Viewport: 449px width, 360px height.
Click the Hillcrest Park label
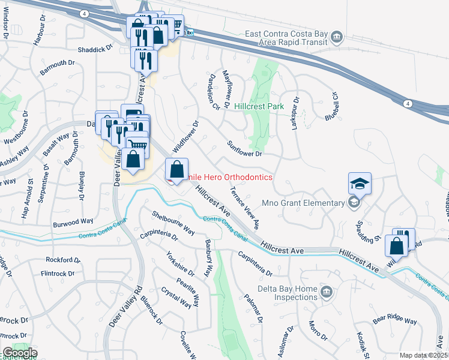point(259,106)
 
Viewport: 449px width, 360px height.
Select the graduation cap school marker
point(360,183)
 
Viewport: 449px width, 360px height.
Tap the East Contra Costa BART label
point(287,38)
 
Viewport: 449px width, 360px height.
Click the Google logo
point(20,353)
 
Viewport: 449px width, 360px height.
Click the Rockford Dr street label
point(63,260)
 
